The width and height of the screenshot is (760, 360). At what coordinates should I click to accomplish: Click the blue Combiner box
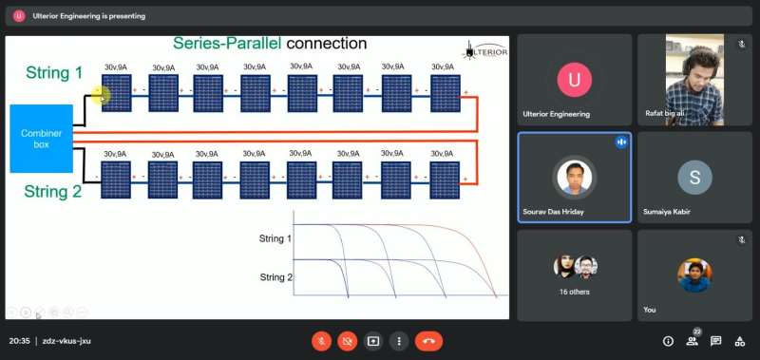coord(42,139)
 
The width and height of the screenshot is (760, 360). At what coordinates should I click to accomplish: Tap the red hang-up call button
coord(428,341)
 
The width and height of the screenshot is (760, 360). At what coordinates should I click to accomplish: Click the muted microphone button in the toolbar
coord(321,341)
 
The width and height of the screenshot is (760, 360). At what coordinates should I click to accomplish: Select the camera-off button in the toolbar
coord(347,341)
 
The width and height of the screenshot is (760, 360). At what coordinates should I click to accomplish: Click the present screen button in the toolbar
coord(372,341)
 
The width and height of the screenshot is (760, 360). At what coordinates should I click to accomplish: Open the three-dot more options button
coord(399,341)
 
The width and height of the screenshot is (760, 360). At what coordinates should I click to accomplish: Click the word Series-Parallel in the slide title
coord(227,44)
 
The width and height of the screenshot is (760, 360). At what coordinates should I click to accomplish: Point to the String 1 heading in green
coord(54,73)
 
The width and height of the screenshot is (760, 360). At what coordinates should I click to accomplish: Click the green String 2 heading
coord(53,191)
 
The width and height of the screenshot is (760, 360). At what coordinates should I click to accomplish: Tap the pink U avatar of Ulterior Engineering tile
coord(575,80)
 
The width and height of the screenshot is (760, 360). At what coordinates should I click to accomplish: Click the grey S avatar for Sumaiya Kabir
coord(694,178)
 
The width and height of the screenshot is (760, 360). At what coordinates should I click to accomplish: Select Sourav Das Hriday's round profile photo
coord(575,178)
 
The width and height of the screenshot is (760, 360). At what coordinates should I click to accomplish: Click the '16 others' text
coord(574,292)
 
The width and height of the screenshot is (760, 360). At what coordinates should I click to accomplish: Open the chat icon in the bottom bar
coord(716,341)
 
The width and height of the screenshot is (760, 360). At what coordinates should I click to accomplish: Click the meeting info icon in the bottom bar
coord(668,341)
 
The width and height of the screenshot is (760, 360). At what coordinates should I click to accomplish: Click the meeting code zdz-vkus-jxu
coord(66,341)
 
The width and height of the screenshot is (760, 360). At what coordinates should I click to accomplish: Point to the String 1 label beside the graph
coord(275,238)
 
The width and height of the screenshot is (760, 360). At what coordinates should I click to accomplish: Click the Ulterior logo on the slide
coord(485,51)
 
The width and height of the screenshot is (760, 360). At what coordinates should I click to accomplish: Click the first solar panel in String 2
coord(116,180)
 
